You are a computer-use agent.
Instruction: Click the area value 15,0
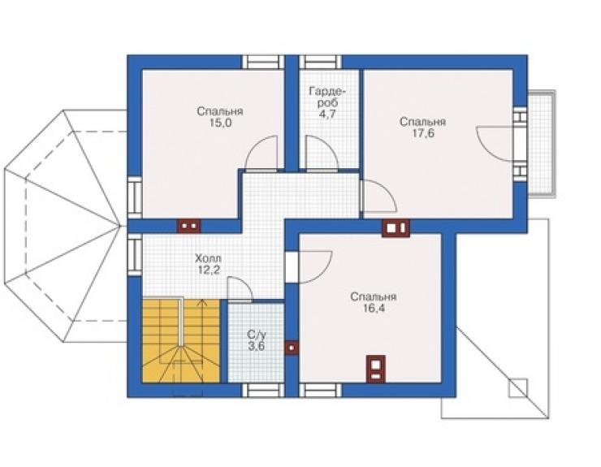click(x=220, y=123)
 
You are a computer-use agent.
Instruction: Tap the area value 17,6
click(x=423, y=133)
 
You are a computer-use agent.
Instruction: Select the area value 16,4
click(x=374, y=308)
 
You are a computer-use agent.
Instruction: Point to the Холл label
click(x=208, y=258)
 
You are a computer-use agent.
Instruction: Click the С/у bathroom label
click(x=257, y=335)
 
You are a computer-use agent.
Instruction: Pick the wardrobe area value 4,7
click(x=327, y=115)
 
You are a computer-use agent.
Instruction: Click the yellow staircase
click(x=181, y=341)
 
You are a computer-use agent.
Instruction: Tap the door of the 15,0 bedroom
click(x=261, y=153)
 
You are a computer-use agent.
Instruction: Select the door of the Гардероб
click(x=322, y=153)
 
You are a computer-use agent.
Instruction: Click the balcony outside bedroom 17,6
click(x=541, y=144)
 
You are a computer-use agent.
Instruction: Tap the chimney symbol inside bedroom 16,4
click(x=375, y=369)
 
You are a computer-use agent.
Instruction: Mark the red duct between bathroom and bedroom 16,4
click(x=292, y=348)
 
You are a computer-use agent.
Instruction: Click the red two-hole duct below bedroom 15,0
click(x=189, y=226)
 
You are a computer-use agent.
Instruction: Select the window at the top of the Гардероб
click(x=321, y=62)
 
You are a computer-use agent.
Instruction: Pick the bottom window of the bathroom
click(x=263, y=391)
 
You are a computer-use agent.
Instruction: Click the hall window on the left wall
click(x=135, y=255)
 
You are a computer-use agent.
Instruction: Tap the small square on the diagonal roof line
click(x=518, y=387)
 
